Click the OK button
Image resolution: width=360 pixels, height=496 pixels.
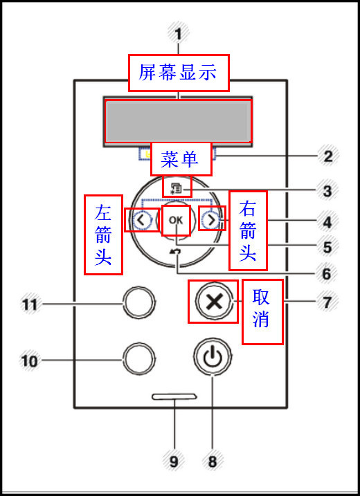[x=176, y=220]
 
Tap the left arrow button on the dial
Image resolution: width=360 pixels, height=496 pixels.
[x=140, y=220]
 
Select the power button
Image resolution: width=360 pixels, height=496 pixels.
[x=213, y=358]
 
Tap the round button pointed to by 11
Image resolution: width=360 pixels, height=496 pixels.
[x=138, y=302]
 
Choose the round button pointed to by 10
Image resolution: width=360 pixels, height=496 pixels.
[x=138, y=358]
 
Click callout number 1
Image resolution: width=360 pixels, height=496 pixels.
[x=178, y=33]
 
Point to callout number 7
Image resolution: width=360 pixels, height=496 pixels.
[x=327, y=302]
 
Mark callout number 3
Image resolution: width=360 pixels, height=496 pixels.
[x=327, y=190]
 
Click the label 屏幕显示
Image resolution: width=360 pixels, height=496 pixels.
[x=178, y=73]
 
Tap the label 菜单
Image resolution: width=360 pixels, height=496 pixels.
[x=180, y=160]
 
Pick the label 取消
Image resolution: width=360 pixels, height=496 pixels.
[x=262, y=311]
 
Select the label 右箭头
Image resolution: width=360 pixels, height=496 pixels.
[x=248, y=232]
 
